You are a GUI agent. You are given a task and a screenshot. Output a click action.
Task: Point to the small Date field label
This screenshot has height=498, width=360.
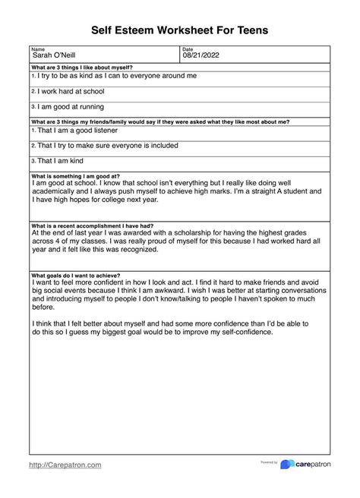coord(188,49)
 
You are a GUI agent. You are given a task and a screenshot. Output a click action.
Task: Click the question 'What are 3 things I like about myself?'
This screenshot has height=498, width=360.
coord(82,68)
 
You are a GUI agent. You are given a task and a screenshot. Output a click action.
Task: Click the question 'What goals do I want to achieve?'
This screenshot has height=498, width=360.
coord(75,275)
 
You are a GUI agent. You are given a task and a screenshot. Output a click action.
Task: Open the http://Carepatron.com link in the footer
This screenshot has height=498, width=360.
coord(65,465)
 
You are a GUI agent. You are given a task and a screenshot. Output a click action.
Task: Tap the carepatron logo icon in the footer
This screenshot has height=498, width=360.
coord(286,465)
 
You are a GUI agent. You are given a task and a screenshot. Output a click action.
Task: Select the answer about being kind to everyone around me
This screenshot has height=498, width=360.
coord(116,76)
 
